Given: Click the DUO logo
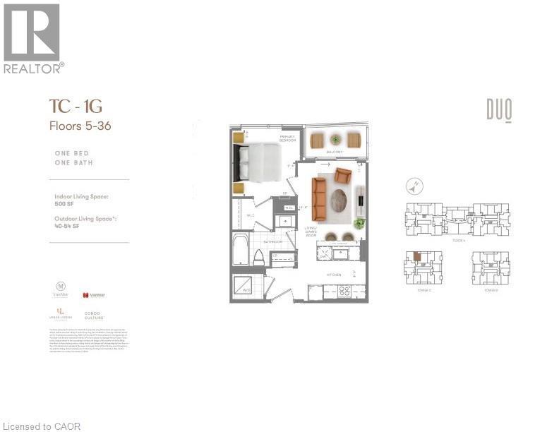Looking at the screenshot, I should point(498,109).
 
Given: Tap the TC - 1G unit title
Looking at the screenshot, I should point(76,107).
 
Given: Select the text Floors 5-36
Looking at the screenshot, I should point(80,126).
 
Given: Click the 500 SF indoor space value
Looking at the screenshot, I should point(64,204).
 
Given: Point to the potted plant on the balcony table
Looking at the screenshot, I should point(335,140).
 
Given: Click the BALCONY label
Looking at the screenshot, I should point(335,152).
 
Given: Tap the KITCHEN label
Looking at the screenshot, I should point(334,275).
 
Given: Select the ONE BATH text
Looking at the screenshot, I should point(73,163).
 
